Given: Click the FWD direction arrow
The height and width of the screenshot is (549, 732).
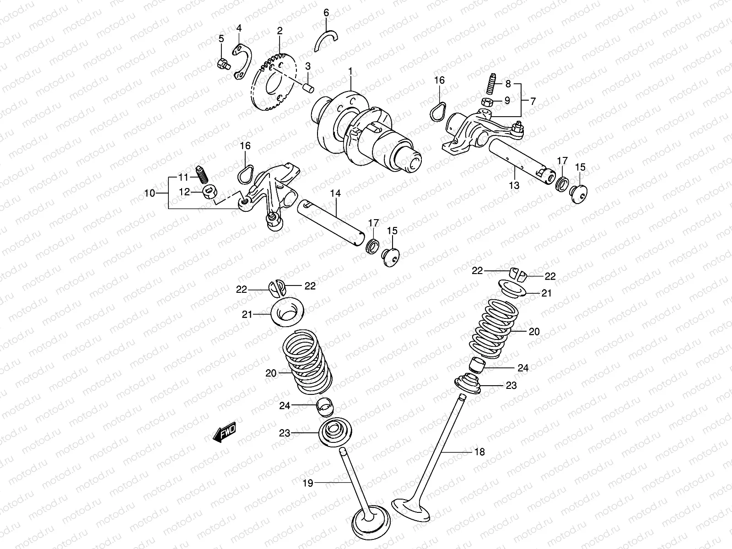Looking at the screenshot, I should (x=224, y=432).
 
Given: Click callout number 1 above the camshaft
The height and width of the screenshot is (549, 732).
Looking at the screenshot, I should (x=350, y=72).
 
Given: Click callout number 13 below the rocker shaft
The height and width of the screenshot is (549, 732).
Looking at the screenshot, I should (x=514, y=185).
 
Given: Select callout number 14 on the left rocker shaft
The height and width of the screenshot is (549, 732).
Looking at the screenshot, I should (x=335, y=194).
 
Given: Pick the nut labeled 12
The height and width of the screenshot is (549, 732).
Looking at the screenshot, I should (x=210, y=193).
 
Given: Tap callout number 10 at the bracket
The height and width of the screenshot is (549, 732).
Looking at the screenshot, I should (x=150, y=193).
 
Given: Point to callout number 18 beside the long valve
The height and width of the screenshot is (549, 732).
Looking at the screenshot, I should (x=479, y=452).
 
